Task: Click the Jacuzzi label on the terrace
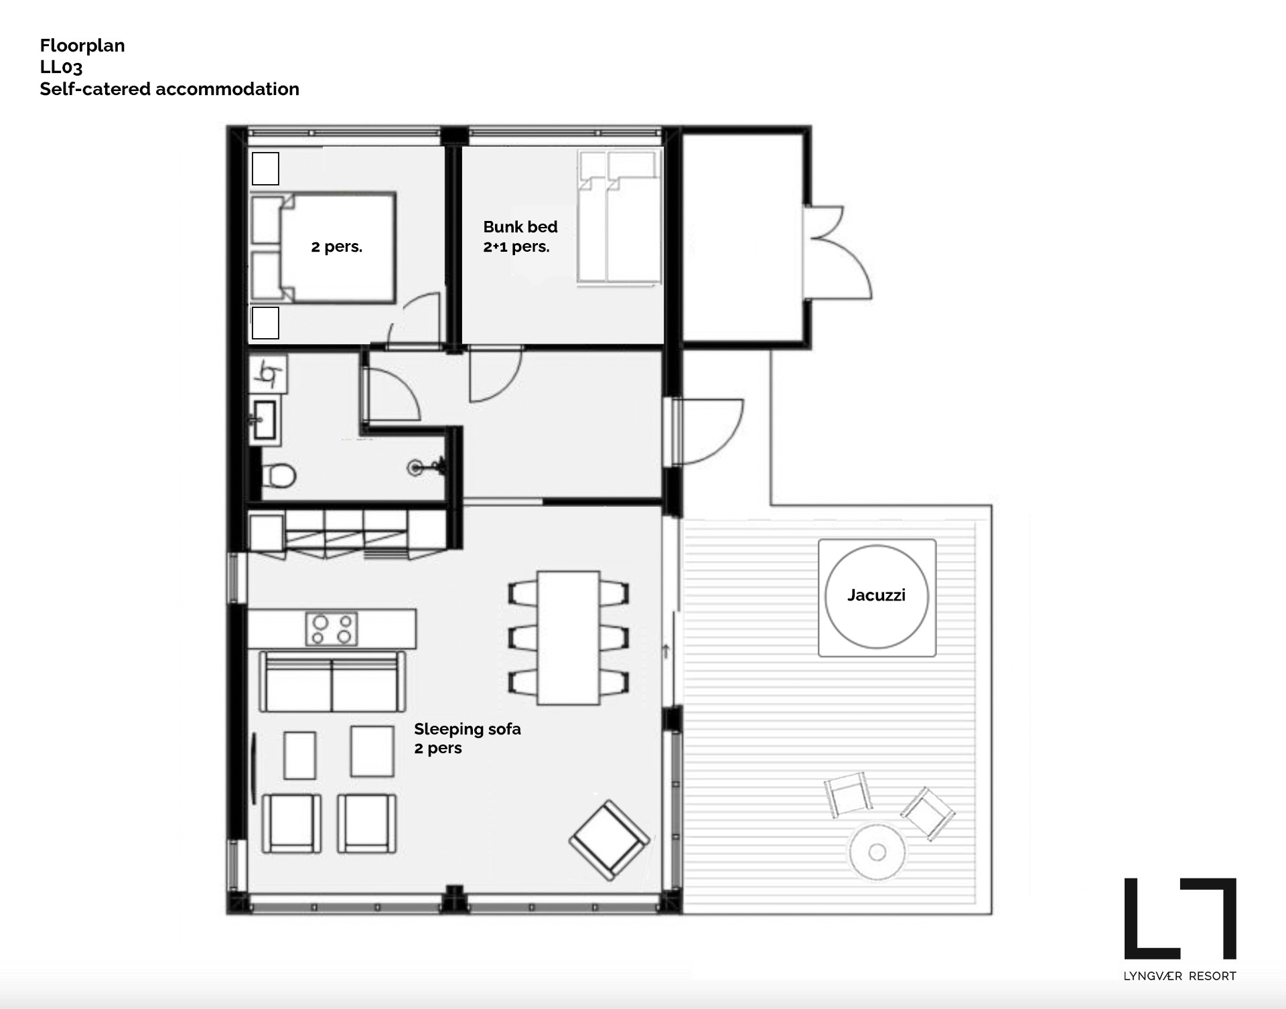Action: coord(876,595)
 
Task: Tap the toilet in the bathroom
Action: coord(278,476)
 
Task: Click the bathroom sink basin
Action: coord(266,420)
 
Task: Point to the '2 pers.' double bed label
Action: coord(336,246)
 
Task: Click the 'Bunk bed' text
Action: coord(520,226)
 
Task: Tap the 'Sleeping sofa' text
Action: coord(468,728)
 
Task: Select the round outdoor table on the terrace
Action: coord(877,852)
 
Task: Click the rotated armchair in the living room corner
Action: coord(610,840)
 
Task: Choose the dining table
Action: coord(569,637)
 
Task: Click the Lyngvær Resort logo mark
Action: coord(1180,919)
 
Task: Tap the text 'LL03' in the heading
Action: coord(61,67)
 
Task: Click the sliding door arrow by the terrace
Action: coord(666,650)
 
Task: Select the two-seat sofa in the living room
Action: coord(332,681)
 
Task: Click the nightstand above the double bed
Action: coord(265,168)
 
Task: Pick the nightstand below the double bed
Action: coord(265,323)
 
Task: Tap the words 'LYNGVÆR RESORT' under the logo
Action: coord(1180,976)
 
